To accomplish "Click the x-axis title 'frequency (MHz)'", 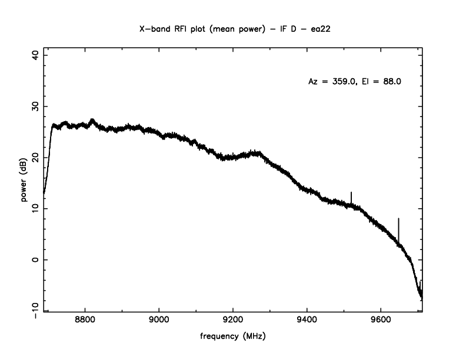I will pyautogui.click(x=233, y=338).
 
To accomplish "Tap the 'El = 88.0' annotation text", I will pyautogui.click(x=383, y=82).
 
